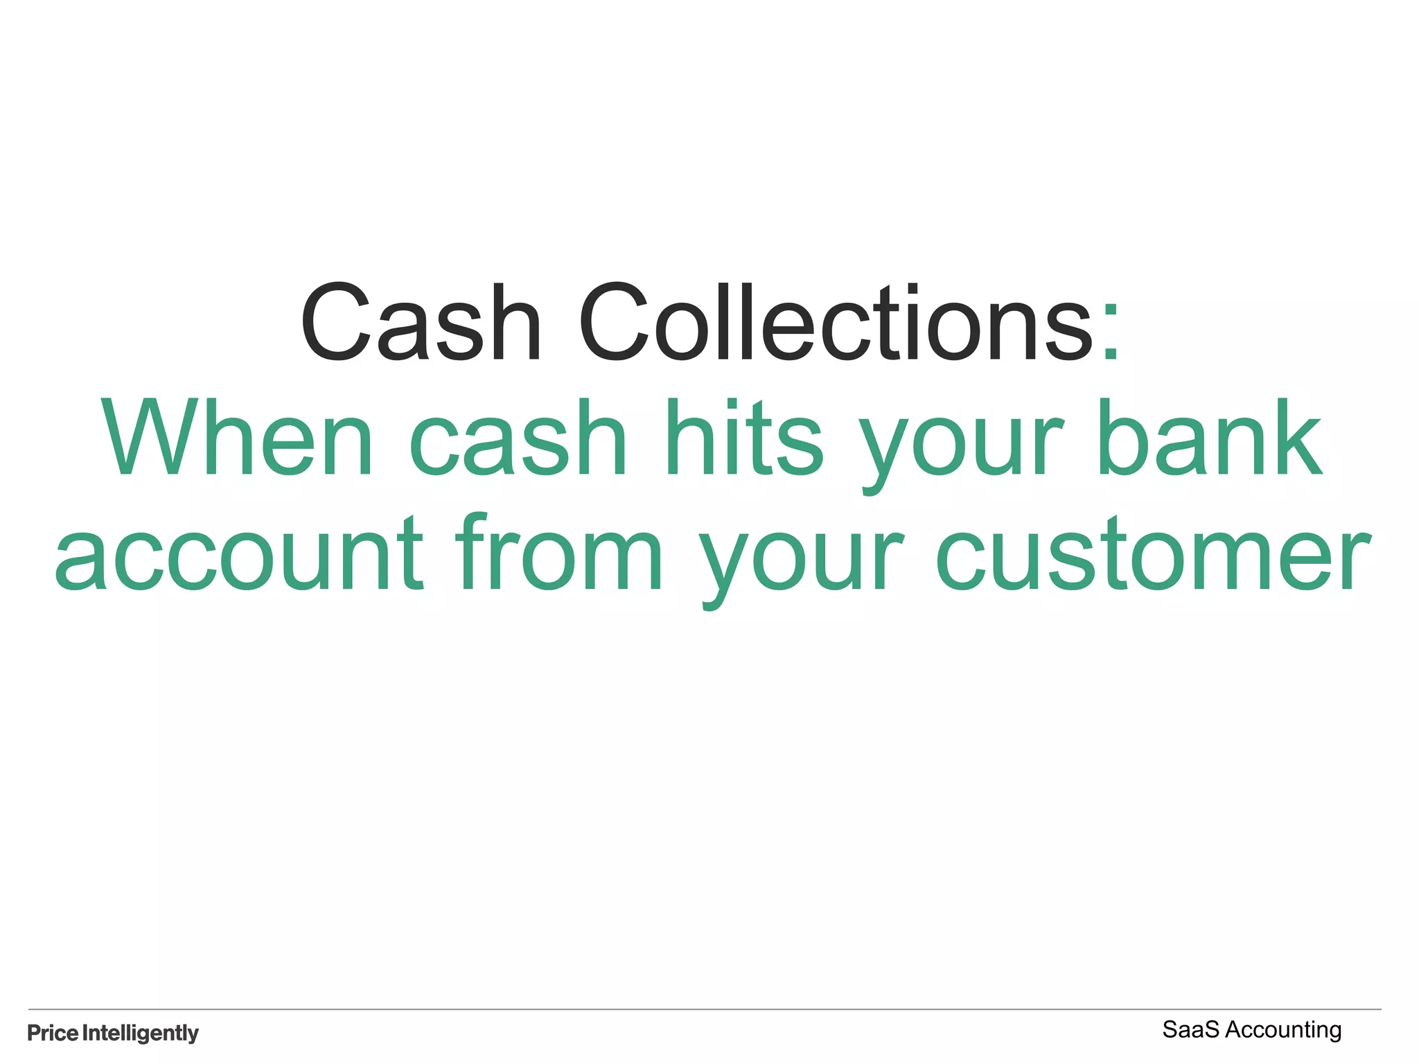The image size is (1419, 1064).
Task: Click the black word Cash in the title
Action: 420,323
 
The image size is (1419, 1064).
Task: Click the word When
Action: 238,438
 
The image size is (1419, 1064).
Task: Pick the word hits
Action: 743,438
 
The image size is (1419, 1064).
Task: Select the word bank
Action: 1210,438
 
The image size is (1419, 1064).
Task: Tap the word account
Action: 239,554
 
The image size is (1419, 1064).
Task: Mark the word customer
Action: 1153,554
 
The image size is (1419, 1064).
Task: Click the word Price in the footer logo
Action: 53,1033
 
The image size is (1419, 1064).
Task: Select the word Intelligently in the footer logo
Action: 141,1033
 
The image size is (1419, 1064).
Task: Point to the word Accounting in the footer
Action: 1283,1031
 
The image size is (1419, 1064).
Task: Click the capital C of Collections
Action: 613,323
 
